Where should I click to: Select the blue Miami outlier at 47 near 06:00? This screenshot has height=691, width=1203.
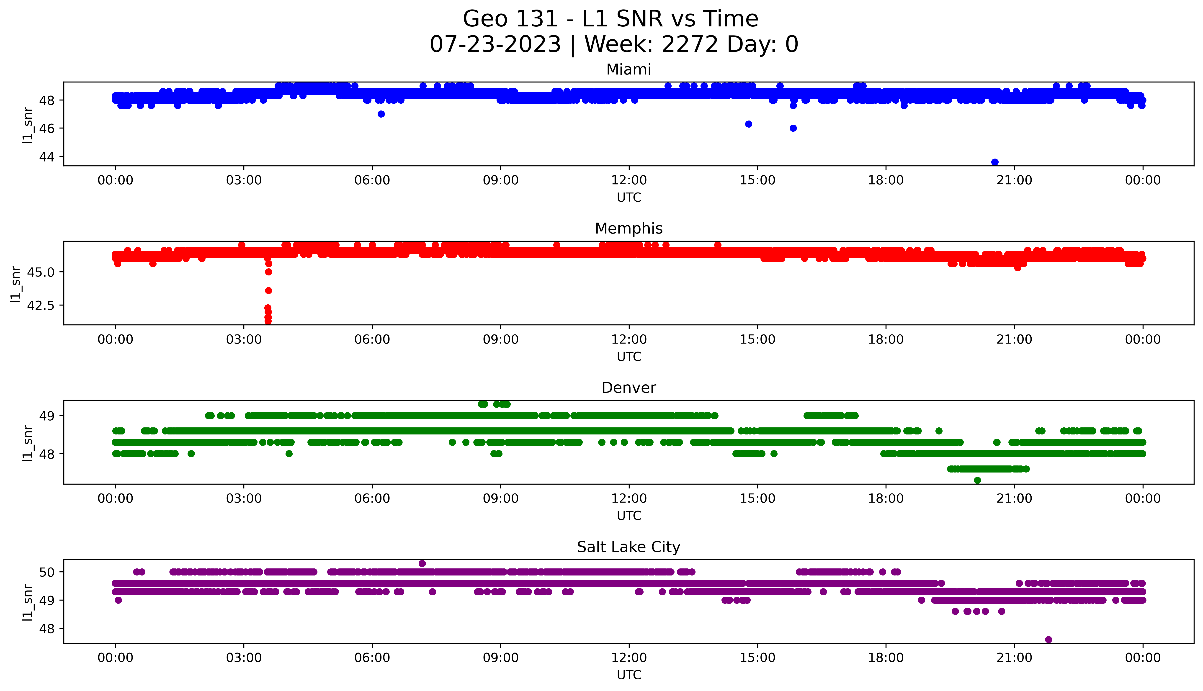coord(381,114)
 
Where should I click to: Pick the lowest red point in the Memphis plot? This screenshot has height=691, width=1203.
coord(268,321)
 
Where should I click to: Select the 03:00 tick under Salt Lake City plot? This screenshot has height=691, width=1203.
coord(244,658)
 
